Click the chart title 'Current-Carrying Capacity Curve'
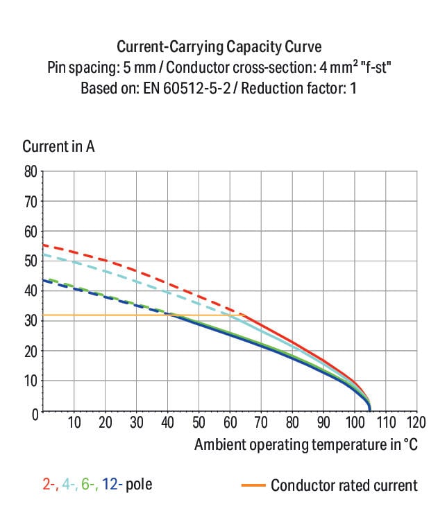(219, 47)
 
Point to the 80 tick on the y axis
(31, 171)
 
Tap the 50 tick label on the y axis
(31, 261)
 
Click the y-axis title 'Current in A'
(58, 147)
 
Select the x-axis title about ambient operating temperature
(306, 444)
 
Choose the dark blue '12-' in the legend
(112, 484)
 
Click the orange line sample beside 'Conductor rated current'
(254, 485)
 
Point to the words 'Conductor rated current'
(344, 485)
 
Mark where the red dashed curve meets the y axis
(44, 245)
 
